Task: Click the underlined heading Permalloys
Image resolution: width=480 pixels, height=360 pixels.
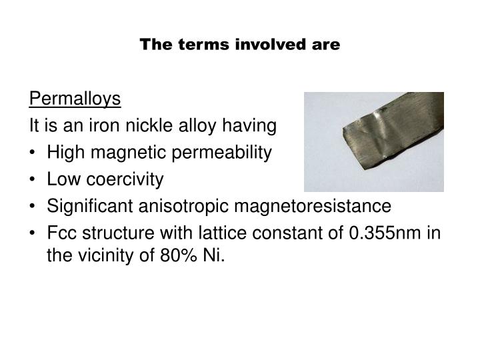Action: [75, 99]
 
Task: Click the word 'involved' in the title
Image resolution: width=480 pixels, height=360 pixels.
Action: [271, 45]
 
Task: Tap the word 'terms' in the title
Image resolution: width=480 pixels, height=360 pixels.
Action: [203, 45]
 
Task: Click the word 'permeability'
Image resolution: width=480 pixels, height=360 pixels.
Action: [221, 153]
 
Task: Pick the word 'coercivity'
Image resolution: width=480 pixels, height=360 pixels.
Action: [125, 179]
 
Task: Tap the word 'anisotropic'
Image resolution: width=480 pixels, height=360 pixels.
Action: [183, 206]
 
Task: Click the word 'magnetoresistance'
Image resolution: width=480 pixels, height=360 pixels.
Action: [313, 206]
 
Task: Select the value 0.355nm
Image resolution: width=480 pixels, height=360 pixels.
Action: [385, 233]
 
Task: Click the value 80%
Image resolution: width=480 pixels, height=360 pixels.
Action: [178, 255]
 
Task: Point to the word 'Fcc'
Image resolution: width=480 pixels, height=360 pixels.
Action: [61, 233]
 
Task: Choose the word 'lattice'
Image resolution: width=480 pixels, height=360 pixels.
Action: [223, 233]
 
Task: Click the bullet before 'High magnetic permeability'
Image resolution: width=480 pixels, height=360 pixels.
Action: [33, 153]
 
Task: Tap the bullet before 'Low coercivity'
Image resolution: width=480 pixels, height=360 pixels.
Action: [33, 179]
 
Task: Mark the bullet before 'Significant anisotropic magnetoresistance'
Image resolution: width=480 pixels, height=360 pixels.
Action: [33, 206]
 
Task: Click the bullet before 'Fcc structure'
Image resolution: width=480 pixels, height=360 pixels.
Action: [33, 233]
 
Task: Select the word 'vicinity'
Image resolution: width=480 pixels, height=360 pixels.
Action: [105, 255]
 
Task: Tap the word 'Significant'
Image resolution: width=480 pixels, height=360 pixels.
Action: [90, 206]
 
